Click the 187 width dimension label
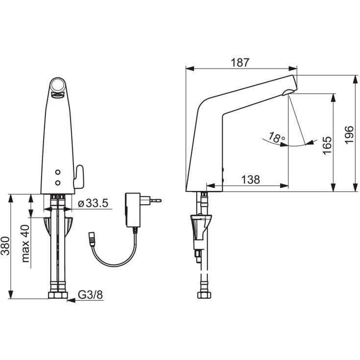(240, 63)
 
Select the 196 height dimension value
(349, 135)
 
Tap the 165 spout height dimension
(327, 145)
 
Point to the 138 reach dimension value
(251, 179)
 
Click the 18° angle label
(277, 137)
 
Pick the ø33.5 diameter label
(93, 203)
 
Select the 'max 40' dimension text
(25, 243)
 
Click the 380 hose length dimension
(5, 246)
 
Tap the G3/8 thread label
(91, 294)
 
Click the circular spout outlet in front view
(57, 85)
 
